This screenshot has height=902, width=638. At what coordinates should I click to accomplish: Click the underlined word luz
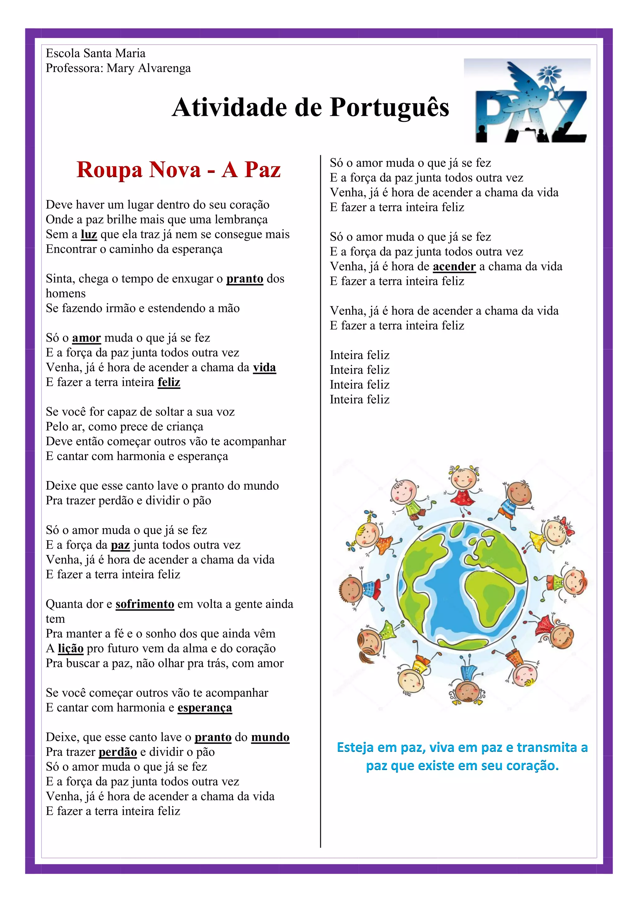point(89,235)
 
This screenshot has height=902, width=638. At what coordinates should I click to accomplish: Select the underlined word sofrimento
point(145,604)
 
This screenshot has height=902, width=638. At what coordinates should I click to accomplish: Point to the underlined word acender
point(454,267)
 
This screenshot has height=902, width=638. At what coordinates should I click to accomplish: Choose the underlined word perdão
point(118,752)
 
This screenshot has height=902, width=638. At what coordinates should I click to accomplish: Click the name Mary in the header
point(121,68)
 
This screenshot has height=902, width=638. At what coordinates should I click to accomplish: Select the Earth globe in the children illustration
point(462,585)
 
